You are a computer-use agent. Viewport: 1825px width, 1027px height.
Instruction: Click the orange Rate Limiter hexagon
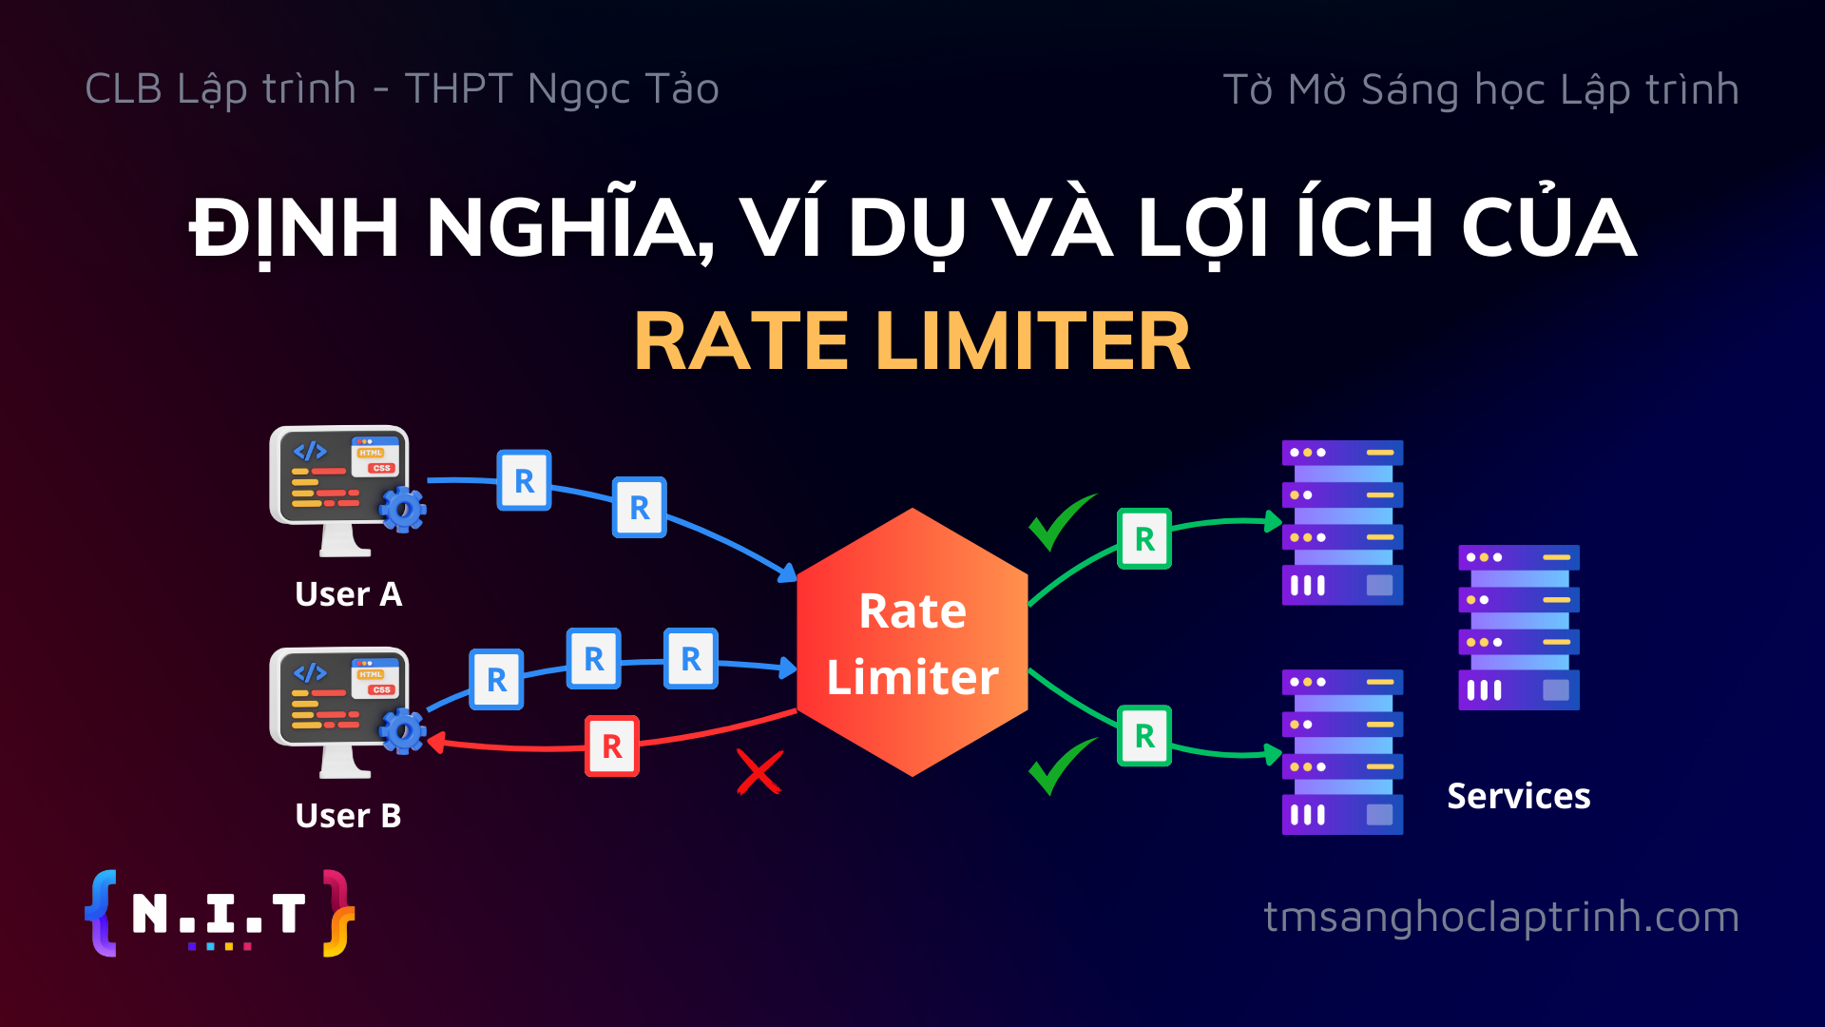(x=912, y=643)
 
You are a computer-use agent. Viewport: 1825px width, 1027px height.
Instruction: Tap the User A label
(x=349, y=594)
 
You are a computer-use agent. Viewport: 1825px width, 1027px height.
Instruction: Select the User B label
(x=349, y=816)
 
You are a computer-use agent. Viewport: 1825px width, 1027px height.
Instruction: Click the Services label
(x=1519, y=796)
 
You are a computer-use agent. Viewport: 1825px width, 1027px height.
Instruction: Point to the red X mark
(x=759, y=771)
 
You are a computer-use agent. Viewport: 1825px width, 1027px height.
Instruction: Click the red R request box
(x=612, y=746)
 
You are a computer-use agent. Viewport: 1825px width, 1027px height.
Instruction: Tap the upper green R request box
(x=1144, y=539)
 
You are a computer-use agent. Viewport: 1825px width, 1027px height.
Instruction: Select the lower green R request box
(x=1144, y=736)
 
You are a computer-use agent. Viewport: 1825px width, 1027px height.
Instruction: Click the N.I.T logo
(x=220, y=913)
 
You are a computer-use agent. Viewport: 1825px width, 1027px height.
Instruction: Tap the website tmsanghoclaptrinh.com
(x=1502, y=917)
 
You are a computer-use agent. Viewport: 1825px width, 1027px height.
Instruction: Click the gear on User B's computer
(x=403, y=731)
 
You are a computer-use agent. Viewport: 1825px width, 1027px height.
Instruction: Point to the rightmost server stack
(x=1519, y=628)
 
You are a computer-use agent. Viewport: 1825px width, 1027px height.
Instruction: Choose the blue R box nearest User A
(x=525, y=480)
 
